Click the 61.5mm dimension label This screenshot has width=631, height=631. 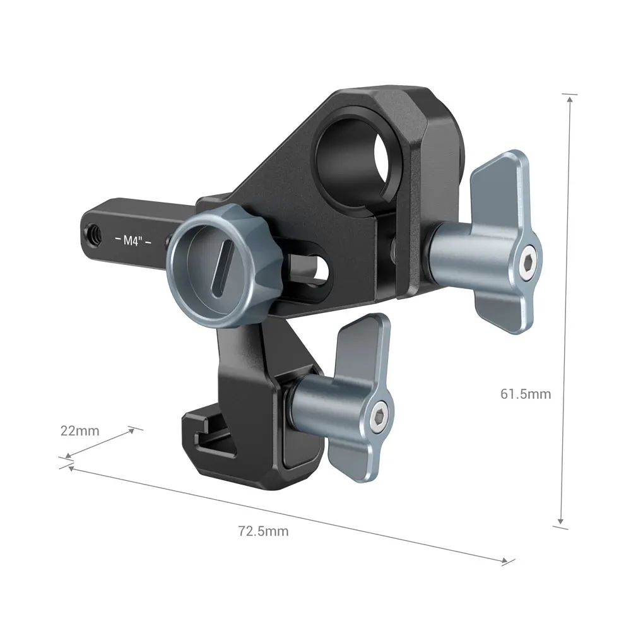point(526,394)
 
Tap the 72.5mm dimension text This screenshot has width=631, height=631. point(263,531)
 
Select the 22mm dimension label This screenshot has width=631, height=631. point(80,432)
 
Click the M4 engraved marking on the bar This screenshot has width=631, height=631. point(131,240)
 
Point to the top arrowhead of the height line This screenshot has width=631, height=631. point(570,98)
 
